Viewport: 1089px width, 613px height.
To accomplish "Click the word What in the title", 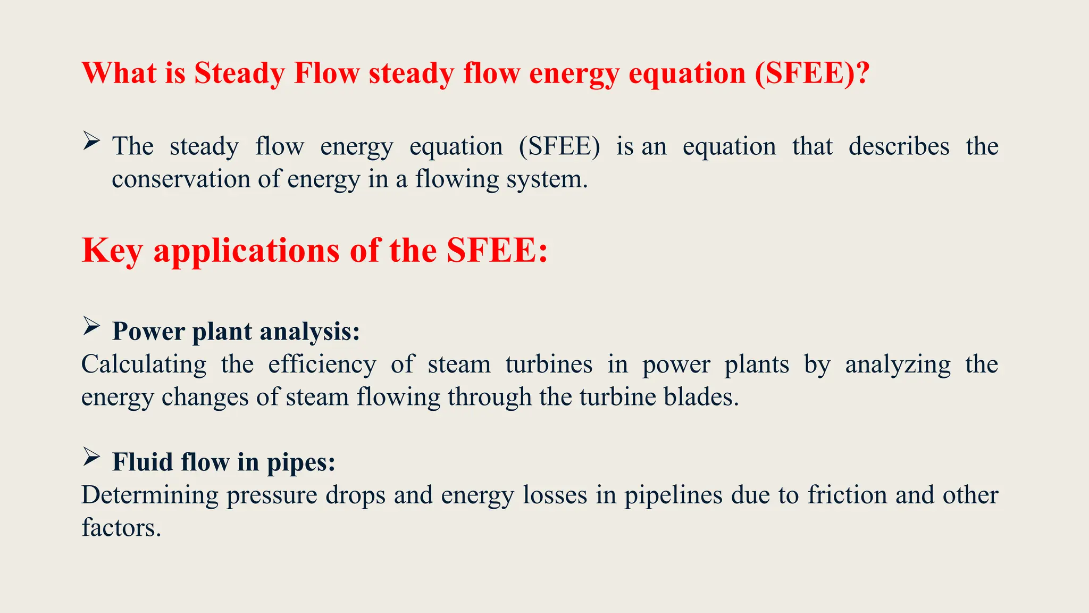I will (119, 73).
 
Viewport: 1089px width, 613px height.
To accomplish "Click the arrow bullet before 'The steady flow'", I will (91, 141).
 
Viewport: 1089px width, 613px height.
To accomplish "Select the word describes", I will (899, 146).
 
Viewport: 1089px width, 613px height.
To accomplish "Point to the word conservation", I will (181, 179).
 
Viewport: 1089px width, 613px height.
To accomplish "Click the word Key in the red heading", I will (112, 251).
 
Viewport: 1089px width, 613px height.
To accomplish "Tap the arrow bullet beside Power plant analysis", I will (91, 326).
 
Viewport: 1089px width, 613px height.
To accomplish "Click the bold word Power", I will (148, 332).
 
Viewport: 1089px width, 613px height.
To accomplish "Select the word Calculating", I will (144, 365).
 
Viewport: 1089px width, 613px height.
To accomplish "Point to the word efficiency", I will (322, 365).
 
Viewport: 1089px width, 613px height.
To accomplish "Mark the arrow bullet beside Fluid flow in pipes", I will (91, 457).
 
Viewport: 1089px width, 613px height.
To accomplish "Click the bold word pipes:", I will (301, 462).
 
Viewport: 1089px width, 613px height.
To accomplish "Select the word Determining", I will (150, 495).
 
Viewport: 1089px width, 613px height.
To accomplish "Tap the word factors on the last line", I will (121, 528).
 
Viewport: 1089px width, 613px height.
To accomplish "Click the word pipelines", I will (673, 495).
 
